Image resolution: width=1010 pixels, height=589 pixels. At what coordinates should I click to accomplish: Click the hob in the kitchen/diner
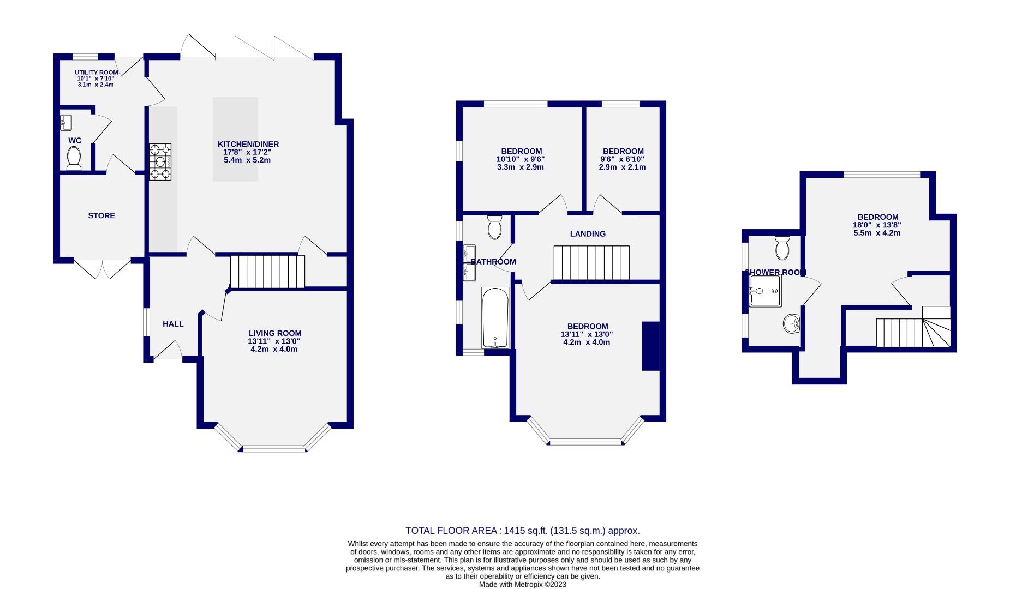(x=160, y=161)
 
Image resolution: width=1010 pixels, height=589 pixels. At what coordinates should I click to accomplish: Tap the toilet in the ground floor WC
(x=74, y=158)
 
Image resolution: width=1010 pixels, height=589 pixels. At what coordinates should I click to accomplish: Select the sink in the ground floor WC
(x=66, y=122)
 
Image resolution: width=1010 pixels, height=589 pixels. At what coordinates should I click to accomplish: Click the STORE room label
(x=101, y=215)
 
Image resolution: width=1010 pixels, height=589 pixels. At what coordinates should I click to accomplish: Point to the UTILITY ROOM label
(x=96, y=73)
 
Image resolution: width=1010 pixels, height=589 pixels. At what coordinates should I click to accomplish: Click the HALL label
(x=173, y=324)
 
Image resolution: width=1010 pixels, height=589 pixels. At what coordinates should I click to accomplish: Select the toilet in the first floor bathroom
(x=494, y=227)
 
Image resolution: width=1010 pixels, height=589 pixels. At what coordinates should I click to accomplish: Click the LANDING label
(x=588, y=234)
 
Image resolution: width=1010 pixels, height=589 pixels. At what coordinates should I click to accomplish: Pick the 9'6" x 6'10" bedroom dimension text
(x=623, y=159)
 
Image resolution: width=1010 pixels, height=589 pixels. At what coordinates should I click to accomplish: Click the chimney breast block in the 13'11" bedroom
(x=650, y=346)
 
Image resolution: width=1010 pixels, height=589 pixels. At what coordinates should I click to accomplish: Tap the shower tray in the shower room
(x=765, y=291)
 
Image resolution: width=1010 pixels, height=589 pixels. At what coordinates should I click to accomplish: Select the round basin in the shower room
(x=791, y=324)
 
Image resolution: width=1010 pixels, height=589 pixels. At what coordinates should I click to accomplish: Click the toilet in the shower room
(x=782, y=248)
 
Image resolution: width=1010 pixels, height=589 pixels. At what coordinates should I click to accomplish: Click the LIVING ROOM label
(x=275, y=333)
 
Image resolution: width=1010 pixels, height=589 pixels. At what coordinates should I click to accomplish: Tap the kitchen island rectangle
(x=235, y=139)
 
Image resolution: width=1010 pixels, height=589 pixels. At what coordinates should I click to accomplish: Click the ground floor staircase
(x=267, y=272)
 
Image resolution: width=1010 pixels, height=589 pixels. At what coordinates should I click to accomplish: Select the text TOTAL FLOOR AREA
(x=450, y=531)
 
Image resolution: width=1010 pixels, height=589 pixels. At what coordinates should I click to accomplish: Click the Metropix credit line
(x=522, y=584)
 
